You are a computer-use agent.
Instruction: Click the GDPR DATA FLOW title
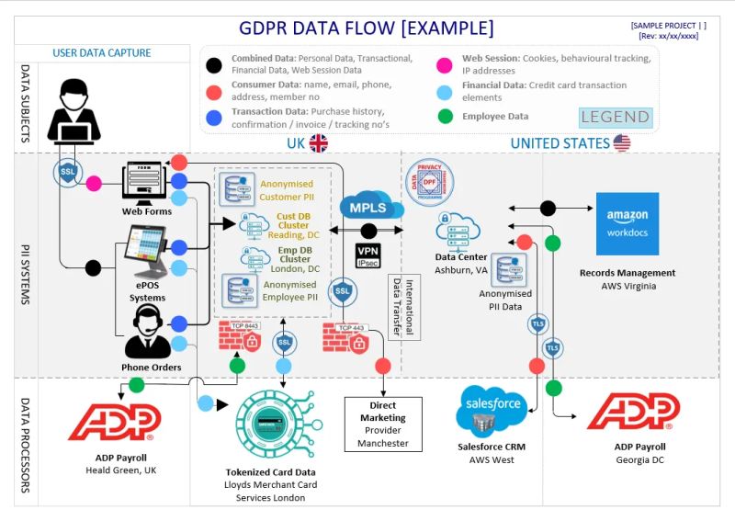pyautogui.click(x=366, y=28)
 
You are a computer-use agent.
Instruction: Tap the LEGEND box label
pyautogui.click(x=615, y=118)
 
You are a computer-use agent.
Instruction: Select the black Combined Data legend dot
pyautogui.click(x=214, y=65)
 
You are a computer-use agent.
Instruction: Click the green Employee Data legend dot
pyautogui.click(x=445, y=117)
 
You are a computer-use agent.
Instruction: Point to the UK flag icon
pyautogui.click(x=319, y=143)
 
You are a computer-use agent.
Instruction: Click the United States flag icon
pyautogui.click(x=622, y=143)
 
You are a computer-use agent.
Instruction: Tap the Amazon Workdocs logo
pyautogui.click(x=627, y=223)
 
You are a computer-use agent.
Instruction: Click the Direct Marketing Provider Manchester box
pyautogui.click(x=383, y=424)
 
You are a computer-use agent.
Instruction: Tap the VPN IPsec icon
pyautogui.click(x=368, y=255)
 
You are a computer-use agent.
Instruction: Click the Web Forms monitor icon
pyautogui.click(x=143, y=182)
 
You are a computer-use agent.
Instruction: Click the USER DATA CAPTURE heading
pyautogui.click(x=102, y=53)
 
